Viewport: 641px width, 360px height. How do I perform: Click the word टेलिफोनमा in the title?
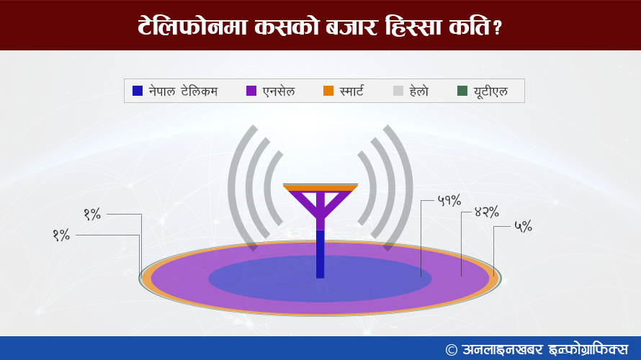pyautogui.click(x=192, y=27)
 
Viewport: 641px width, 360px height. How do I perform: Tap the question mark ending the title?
pyautogui.click(x=497, y=28)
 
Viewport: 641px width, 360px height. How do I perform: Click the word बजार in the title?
pyautogui.click(x=351, y=27)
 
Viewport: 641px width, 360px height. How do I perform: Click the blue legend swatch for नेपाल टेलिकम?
pyautogui.click(x=138, y=91)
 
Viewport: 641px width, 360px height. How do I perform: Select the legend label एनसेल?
pyautogui.click(x=279, y=91)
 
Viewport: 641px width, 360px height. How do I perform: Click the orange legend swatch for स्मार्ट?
pyautogui.click(x=328, y=91)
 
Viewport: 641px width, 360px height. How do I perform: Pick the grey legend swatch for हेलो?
pyautogui.click(x=398, y=91)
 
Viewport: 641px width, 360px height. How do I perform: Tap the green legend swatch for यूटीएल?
pyautogui.click(x=462, y=91)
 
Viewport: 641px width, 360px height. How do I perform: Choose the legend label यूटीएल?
pyautogui.click(x=490, y=91)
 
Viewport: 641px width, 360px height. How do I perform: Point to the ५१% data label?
pyautogui.click(x=449, y=201)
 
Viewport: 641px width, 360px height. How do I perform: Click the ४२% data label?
pyautogui.click(x=486, y=212)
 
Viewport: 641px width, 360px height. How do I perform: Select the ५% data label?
pyautogui.click(x=523, y=226)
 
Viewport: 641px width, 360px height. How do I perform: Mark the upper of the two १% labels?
pyautogui.click(x=92, y=214)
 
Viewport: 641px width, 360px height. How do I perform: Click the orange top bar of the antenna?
pyautogui.click(x=320, y=187)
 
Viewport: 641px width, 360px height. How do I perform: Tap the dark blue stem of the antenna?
pyautogui.click(x=320, y=254)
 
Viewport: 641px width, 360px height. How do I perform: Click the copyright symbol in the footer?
pyautogui.click(x=452, y=350)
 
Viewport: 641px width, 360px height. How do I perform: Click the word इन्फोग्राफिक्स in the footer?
pyautogui.click(x=588, y=350)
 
